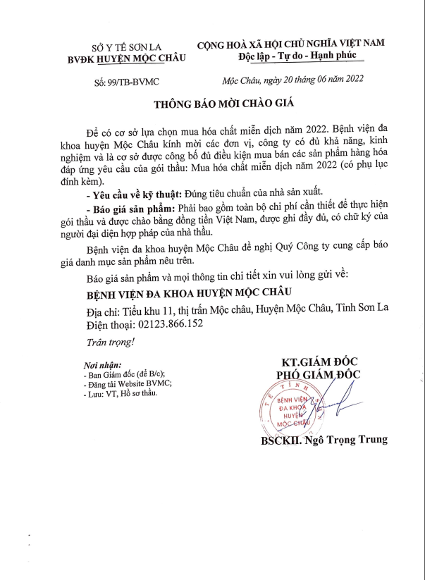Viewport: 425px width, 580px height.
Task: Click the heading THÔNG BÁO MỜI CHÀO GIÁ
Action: (223, 104)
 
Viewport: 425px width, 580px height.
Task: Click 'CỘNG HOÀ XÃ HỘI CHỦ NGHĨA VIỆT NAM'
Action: (290, 43)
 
